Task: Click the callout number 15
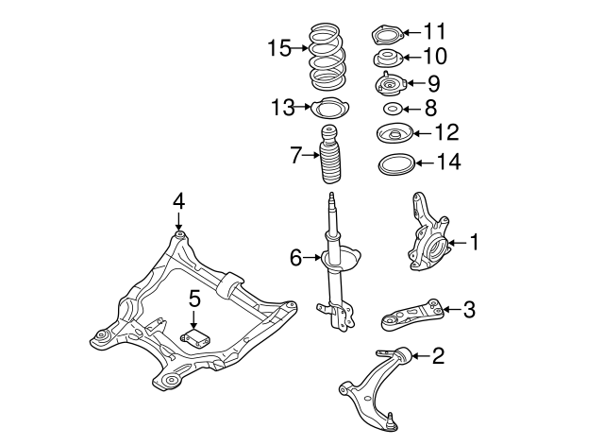coord(279,48)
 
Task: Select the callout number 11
coord(435,31)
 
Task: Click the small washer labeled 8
coord(393,109)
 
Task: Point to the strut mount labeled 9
coord(391,84)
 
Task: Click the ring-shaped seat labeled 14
coord(396,164)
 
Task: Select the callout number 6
coord(295,258)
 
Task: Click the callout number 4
coord(178,201)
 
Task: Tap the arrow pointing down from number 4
coord(178,222)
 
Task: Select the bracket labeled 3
coord(412,315)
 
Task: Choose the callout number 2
coord(438,356)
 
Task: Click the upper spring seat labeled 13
coord(331,109)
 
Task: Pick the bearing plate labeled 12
coord(394,133)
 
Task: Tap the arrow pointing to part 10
coord(412,58)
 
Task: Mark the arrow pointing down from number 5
coord(193,319)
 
